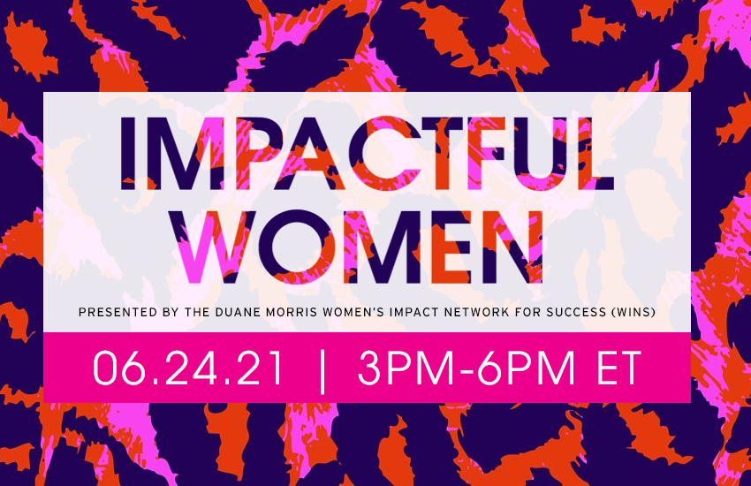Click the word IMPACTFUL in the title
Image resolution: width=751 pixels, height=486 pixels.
point(367,153)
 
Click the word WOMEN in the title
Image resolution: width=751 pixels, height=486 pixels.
point(360,247)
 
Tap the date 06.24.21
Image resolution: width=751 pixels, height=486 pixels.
point(188,368)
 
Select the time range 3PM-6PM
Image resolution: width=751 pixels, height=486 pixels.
point(466,368)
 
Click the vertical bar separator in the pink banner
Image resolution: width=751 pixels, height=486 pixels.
point(322,371)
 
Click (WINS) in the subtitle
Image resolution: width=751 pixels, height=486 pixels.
point(633,312)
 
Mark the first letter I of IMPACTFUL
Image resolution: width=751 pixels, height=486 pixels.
point(127,153)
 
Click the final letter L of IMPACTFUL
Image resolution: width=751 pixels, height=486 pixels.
point(595,153)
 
